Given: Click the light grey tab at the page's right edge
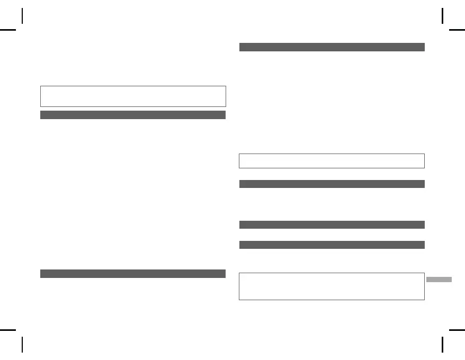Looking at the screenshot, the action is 439,280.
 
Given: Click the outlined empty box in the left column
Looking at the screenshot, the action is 133,96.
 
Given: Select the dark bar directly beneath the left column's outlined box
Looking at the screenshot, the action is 133,115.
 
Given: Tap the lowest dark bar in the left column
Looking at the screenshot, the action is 133,274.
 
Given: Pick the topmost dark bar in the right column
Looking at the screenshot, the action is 332,47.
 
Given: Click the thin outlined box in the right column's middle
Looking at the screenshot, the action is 332,161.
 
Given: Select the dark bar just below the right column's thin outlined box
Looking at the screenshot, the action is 332,184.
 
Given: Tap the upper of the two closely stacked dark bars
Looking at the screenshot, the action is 332,224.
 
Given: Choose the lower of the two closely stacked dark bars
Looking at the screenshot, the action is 332,245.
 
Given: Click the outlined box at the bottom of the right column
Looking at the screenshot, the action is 332,286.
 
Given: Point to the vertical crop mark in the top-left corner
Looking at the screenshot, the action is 22,16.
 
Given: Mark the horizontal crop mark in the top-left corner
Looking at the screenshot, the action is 8,30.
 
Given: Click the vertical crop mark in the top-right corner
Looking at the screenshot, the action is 442,16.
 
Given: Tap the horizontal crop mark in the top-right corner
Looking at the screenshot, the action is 457,30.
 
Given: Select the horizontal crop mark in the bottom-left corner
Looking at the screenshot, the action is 8,329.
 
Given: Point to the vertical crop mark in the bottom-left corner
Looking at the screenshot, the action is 22,344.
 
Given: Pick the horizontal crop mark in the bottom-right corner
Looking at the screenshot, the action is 457,329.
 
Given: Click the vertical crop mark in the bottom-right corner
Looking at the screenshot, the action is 442,344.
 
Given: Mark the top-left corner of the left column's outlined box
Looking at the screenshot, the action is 41,86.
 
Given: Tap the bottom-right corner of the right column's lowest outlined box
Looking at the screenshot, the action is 424,300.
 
